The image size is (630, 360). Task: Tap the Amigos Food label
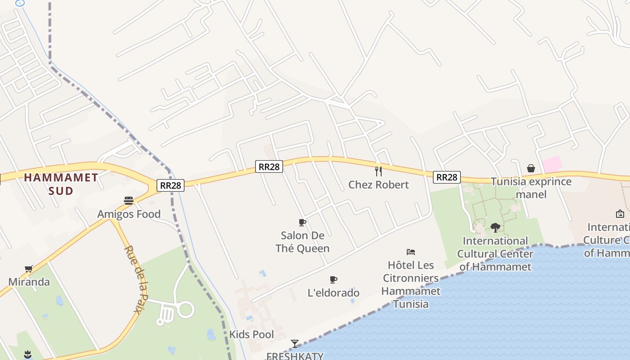click(129, 214)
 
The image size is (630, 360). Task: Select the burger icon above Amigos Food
click(129, 200)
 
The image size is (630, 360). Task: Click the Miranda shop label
click(29, 282)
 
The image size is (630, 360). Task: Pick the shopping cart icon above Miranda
click(29, 269)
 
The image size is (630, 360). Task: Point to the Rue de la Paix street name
click(136, 279)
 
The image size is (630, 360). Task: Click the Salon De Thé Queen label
click(302, 242)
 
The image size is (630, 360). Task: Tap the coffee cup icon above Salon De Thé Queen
click(302, 222)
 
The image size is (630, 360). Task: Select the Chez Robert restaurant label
click(378, 184)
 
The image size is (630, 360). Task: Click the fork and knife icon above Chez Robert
click(378, 171)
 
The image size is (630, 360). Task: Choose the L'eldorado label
click(333, 293)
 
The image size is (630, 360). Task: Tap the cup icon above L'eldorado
click(333, 280)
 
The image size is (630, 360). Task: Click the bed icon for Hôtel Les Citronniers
click(410, 252)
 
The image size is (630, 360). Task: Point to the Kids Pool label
click(252, 334)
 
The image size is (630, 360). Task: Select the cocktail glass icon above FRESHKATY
click(295, 344)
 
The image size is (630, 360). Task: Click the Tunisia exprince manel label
click(531, 188)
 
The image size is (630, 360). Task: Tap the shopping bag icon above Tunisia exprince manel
click(531, 169)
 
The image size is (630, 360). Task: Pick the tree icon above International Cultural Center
click(495, 228)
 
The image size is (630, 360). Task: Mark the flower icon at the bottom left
click(28, 354)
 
